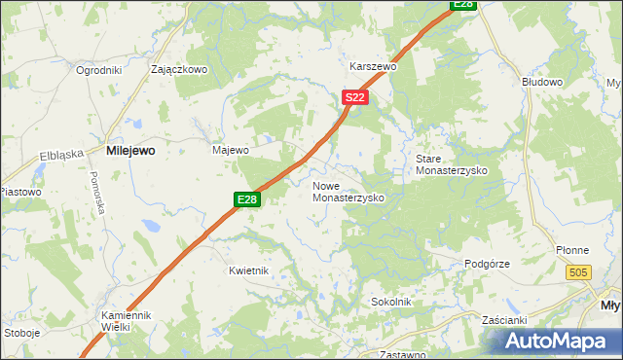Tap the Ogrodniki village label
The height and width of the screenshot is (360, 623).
(x=97, y=70)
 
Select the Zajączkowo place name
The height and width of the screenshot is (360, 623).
(x=180, y=70)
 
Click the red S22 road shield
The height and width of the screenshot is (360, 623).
(x=355, y=97)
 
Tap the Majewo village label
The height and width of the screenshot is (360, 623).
(x=231, y=151)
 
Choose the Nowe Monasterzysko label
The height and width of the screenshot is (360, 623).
(x=348, y=191)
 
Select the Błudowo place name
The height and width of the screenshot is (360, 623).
(x=542, y=83)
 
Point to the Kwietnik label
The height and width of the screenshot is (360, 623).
(x=248, y=270)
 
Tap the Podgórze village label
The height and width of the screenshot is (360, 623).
(x=487, y=264)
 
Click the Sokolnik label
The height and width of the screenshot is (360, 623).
(x=391, y=303)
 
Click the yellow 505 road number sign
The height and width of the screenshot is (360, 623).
(x=578, y=274)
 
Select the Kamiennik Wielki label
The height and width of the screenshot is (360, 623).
(x=128, y=321)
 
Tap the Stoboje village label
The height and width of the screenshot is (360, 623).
(x=21, y=332)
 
